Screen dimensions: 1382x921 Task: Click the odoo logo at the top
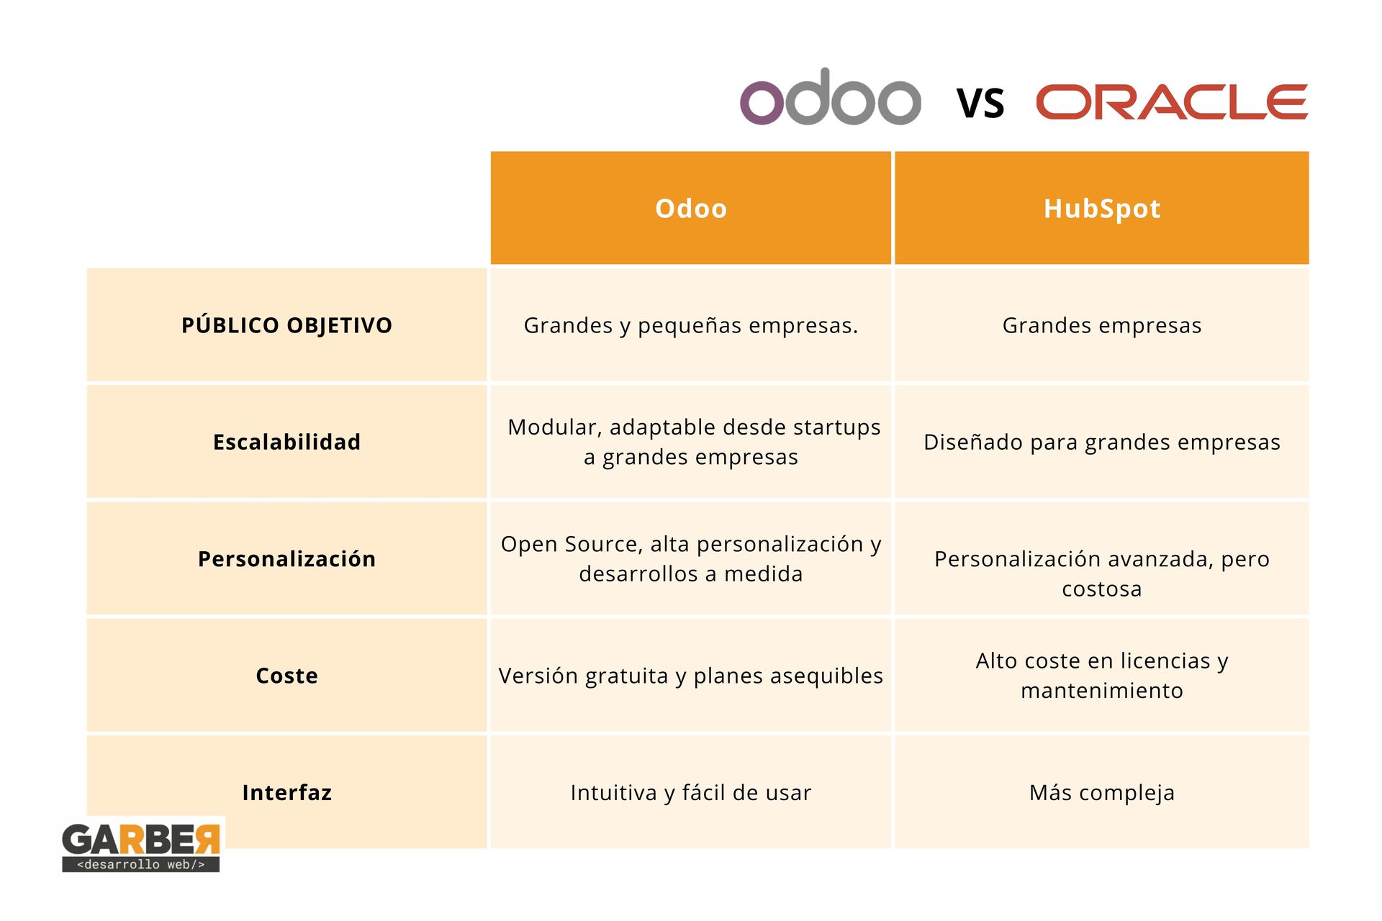[x=831, y=97]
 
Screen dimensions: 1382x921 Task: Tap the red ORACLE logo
[x=1172, y=101]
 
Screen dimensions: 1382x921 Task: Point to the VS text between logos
[x=980, y=103]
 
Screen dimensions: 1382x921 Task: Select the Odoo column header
[x=691, y=208]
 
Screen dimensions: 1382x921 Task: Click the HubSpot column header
[x=1102, y=208]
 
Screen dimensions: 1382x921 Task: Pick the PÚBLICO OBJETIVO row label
[x=286, y=325]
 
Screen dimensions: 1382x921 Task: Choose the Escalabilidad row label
[x=286, y=442]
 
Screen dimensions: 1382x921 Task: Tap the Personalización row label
[x=286, y=559]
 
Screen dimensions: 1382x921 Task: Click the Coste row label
[x=286, y=676]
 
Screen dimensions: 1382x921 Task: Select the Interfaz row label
[x=286, y=792]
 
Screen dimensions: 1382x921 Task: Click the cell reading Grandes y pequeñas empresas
[x=691, y=325]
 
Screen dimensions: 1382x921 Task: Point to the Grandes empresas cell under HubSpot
[x=1102, y=325]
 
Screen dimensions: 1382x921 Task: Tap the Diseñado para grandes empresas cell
[x=1102, y=442]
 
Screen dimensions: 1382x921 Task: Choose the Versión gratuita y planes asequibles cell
[x=691, y=676]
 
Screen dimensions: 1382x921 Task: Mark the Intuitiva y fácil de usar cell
[x=691, y=792]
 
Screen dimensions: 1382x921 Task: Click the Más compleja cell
[x=1102, y=792]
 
